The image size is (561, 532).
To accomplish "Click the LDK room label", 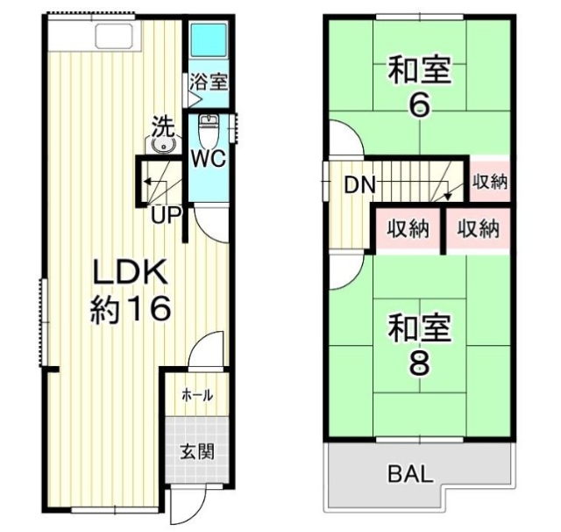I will pyautogui.click(x=131, y=273).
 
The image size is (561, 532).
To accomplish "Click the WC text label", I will pyautogui.click(x=209, y=160).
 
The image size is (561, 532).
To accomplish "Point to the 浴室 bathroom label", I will pyautogui.click(x=209, y=83).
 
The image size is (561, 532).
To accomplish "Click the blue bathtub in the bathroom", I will pyautogui.click(x=209, y=41).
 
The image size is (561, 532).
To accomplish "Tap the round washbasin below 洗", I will pyautogui.click(x=160, y=146).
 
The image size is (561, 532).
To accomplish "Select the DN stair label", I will pyautogui.click(x=359, y=185).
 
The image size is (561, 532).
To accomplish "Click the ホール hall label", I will pyautogui.click(x=197, y=395).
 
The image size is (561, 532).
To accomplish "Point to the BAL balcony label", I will pyautogui.click(x=409, y=475).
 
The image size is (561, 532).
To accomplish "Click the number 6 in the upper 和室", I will pyautogui.click(x=420, y=104).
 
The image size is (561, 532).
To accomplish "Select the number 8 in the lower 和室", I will pyautogui.click(x=420, y=363).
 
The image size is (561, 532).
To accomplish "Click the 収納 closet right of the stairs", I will pyautogui.click(x=489, y=183).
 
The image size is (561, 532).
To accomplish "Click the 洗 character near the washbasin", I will pyautogui.click(x=162, y=125).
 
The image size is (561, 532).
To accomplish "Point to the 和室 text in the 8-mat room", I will pyautogui.click(x=420, y=329).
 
